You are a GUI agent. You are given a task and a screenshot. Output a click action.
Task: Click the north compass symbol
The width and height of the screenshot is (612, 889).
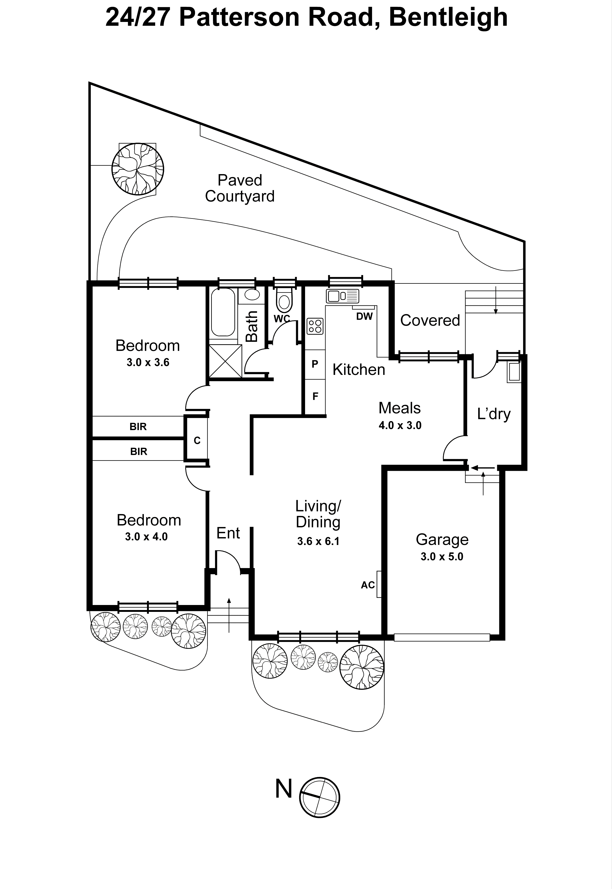coord(319,797)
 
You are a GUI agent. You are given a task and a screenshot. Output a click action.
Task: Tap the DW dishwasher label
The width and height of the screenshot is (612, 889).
coord(364,316)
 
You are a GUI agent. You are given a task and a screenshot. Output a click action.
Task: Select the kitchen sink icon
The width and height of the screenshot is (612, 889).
coord(343,296)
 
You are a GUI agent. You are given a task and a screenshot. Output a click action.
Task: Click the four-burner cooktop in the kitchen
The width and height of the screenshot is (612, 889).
coord(315,326)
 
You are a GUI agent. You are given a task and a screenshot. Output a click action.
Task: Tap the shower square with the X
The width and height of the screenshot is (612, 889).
coord(225,361)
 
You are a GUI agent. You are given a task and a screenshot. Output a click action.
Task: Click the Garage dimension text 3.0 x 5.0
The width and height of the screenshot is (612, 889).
coord(442,557)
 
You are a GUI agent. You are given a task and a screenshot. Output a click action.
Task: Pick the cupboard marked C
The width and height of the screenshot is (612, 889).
coord(197,440)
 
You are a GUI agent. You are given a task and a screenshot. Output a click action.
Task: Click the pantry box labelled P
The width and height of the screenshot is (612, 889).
coord(315,364)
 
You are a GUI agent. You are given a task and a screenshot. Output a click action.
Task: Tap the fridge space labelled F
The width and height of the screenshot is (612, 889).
coord(315,396)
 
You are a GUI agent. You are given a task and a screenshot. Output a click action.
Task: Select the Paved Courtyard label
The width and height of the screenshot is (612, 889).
coord(240,188)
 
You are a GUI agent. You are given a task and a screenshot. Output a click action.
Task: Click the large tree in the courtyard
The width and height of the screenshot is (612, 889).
coord(138,169)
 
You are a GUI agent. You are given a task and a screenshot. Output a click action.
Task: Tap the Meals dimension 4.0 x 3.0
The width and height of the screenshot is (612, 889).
coord(400,425)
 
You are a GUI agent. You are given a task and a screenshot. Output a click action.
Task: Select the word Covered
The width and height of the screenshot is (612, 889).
coord(430,320)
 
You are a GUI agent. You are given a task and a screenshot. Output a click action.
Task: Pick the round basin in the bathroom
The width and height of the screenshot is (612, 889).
coord(252,295)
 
